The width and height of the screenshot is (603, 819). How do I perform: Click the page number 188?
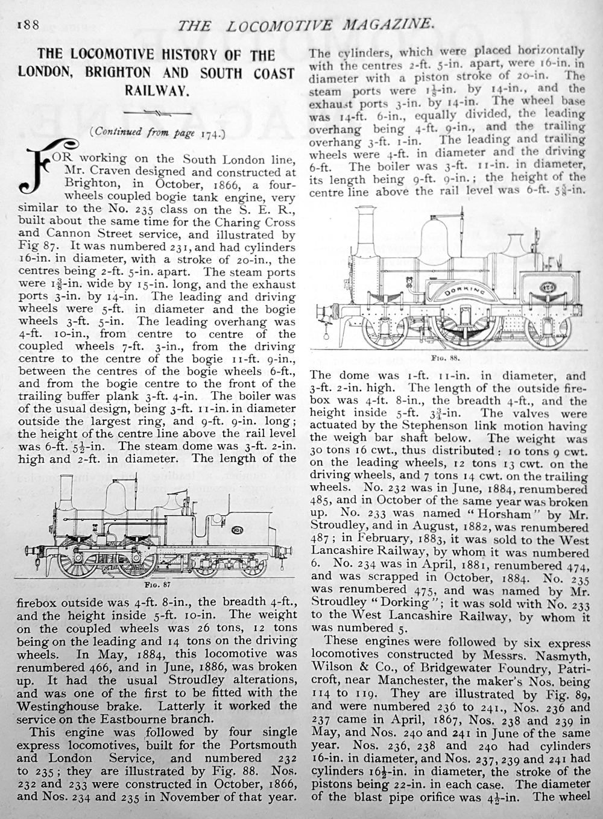click(28, 25)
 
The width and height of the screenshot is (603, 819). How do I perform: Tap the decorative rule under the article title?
click(157, 113)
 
